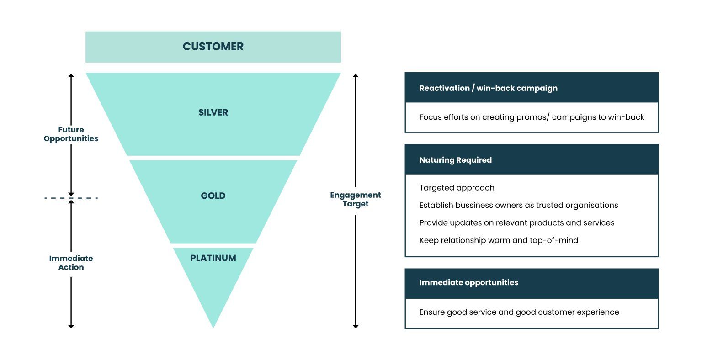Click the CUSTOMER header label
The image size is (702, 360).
213,47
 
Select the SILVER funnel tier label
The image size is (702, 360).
213,112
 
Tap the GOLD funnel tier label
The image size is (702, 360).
213,196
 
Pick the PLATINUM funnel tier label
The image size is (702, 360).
213,258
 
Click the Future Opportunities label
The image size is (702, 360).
71,134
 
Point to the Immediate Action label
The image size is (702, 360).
71,263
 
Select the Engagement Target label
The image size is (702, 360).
355,200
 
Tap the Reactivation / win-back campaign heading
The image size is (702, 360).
488,88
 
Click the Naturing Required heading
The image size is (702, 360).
455,160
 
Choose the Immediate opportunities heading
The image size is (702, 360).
468,282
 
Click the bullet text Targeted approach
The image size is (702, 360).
457,188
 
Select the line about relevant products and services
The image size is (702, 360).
516,223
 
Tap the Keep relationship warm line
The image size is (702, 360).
499,240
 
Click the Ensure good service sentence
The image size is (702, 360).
519,312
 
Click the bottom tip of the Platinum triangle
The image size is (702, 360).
213,326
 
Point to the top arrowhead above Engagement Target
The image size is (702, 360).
356,75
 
